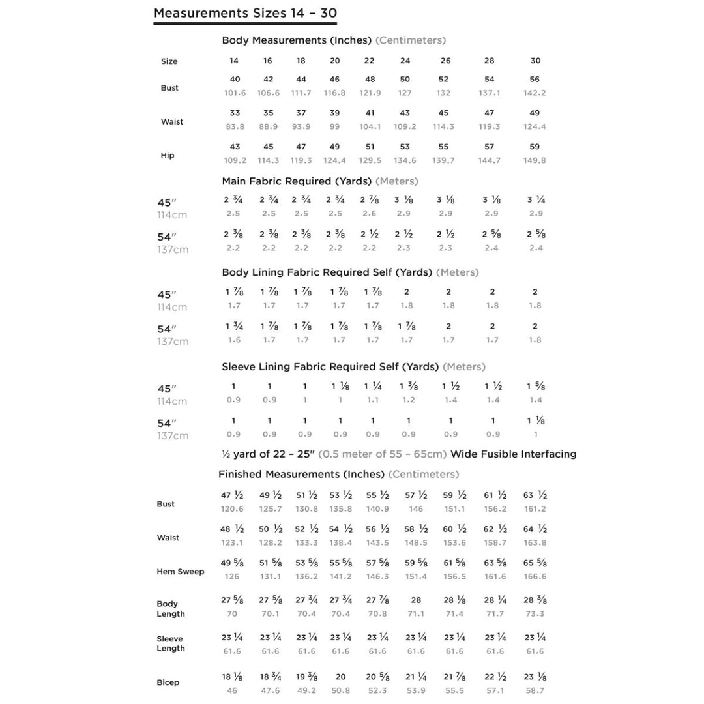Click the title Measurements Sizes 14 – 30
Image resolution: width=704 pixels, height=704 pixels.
click(x=245, y=13)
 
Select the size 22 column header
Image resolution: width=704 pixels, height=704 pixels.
click(x=369, y=61)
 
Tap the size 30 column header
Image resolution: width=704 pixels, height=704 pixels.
click(x=535, y=61)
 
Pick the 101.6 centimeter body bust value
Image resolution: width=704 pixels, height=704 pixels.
click(x=235, y=93)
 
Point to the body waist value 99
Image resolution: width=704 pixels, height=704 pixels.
click(x=334, y=127)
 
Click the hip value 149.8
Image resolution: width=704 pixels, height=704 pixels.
click(x=535, y=160)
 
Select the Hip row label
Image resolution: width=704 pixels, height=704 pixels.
click(x=168, y=156)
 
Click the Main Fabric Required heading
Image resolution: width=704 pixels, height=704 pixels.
click(x=297, y=181)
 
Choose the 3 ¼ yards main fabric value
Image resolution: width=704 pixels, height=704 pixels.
click(x=536, y=200)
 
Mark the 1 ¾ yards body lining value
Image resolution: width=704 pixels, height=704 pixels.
click(x=234, y=326)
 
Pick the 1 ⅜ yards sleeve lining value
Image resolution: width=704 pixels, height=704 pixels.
click(x=407, y=387)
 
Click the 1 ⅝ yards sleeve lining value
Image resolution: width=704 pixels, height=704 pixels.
click(x=536, y=387)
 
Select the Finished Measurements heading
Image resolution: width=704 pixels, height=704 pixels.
click(x=301, y=474)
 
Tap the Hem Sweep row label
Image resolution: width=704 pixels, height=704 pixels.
click(x=181, y=572)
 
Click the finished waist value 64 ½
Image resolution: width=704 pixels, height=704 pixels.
click(x=535, y=529)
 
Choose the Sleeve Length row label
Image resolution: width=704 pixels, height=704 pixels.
click(x=170, y=643)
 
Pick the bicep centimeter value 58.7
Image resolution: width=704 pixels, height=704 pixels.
click(x=535, y=690)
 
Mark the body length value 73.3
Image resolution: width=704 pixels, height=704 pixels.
click(x=535, y=614)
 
